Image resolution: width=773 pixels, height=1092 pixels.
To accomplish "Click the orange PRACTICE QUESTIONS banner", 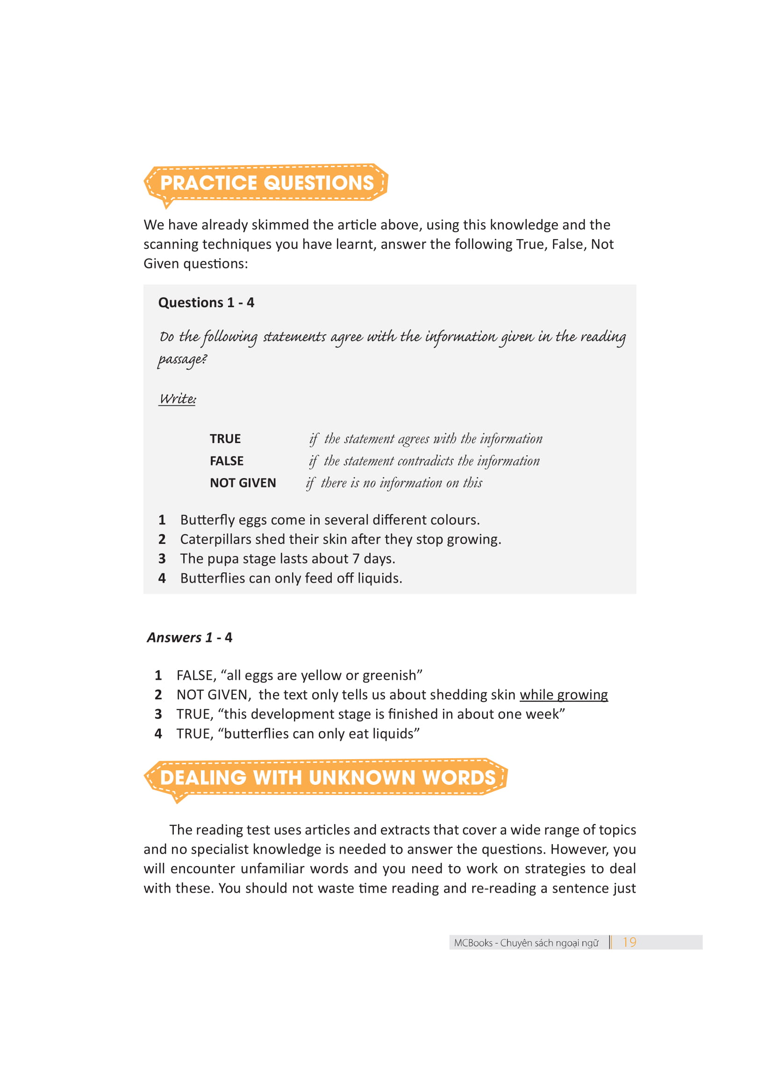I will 266,183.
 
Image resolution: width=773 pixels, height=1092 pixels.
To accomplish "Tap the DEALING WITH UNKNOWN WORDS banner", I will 328,778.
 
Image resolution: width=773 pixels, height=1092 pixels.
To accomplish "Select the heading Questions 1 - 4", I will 206,303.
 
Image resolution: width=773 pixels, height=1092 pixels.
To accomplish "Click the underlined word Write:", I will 177,399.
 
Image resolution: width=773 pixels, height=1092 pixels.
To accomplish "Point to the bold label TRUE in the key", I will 225,438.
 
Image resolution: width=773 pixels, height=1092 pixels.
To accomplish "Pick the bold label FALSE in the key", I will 227,461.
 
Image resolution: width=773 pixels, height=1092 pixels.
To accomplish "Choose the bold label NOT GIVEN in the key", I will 243,483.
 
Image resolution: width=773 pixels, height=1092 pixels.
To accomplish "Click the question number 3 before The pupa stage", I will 162,558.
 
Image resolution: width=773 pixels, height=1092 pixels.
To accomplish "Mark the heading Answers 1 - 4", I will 189,637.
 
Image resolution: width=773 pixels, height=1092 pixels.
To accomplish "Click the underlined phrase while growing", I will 564,695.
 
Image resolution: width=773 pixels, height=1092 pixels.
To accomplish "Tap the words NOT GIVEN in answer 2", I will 213,695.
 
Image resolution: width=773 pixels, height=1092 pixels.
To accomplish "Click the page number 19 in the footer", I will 629,942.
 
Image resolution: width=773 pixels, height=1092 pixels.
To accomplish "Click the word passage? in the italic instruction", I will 182,359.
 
